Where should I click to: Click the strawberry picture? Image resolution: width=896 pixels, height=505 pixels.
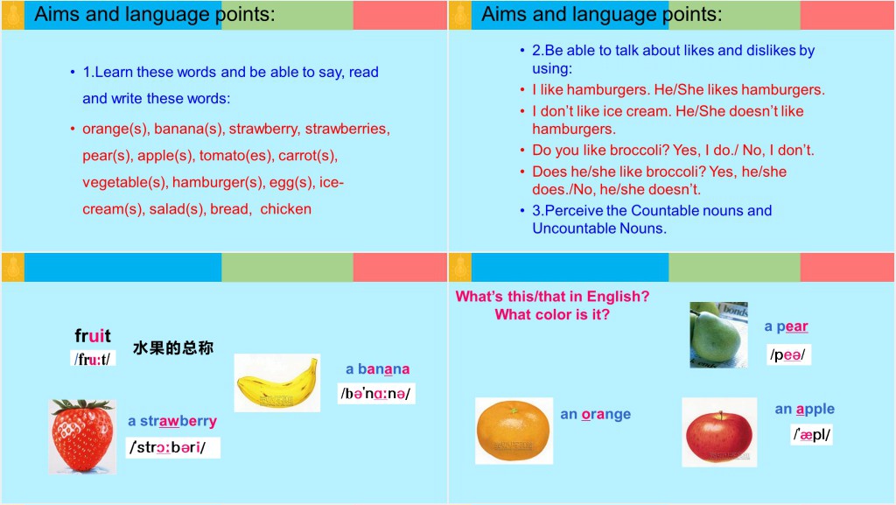click(83, 437)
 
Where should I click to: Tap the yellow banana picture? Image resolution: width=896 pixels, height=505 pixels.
click(277, 382)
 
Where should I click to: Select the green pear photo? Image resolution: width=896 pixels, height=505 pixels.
click(719, 334)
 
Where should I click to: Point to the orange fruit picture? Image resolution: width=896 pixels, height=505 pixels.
click(514, 430)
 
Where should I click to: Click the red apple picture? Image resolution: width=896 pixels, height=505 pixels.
click(719, 432)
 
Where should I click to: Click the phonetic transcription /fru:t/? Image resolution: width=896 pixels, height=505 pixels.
click(93, 359)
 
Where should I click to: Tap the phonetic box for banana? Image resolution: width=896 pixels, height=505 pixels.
click(376, 394)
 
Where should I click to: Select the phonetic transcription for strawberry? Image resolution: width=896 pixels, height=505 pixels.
click(172, 447)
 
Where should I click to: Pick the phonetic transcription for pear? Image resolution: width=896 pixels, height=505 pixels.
click(788, 354)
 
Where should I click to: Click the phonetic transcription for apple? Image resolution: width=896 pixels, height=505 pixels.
click(812, 434)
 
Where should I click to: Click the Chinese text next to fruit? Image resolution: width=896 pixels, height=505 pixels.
click(173, 348)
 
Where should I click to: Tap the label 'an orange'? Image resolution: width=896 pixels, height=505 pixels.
click(595, 414)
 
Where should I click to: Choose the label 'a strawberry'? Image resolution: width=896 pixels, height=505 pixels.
click(172, 421)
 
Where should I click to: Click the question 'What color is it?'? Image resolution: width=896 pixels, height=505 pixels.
click(552, 314)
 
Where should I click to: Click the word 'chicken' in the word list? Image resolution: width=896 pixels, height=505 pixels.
click(286, 209)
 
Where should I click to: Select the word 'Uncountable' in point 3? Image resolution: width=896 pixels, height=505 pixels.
click(572, 228)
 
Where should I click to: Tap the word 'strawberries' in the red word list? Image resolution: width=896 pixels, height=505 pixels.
click(346, 130)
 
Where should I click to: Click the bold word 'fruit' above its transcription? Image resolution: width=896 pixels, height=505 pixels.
click(93, 335)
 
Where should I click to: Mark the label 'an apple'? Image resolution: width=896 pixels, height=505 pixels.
click(805, 409)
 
